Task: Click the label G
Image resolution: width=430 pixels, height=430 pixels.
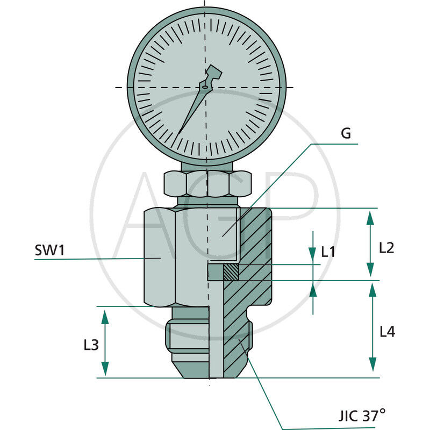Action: [x=346, y=134]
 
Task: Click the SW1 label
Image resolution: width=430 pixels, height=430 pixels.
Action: [x=49, y=250]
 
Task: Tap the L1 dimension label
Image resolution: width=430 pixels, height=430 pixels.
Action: [x=328, y=251]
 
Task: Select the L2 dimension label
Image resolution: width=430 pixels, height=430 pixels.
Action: [x=386, y=248]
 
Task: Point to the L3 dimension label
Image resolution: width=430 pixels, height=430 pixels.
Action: [x=91, y=345]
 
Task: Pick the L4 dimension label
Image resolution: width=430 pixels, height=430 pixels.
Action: [x=387, y=332]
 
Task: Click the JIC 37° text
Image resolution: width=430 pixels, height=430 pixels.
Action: [x=362, y=415]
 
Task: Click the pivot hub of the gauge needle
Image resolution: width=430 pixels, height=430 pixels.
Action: [x=205, y=86]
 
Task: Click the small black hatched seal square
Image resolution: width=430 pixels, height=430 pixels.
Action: [x=231, y=273]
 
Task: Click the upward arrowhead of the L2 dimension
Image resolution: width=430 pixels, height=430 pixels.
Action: [x=370, y=217]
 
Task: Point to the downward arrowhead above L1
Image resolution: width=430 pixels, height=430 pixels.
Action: [x=313, y=255]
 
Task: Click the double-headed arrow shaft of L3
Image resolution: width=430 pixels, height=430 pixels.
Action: [x=105, y=342]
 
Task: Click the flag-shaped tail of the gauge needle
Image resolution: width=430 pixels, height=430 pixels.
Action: [x=213, y=73]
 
